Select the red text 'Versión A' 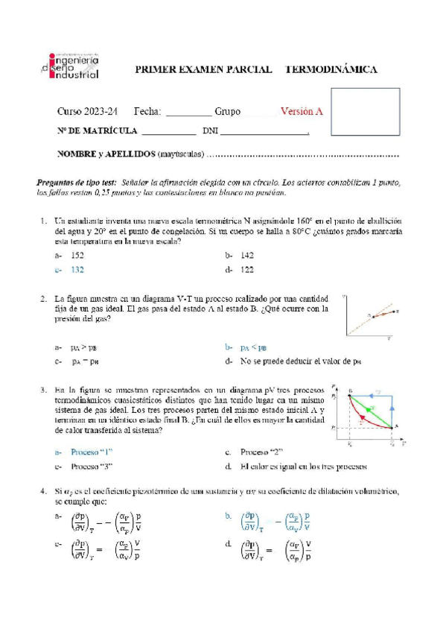pos(301,111)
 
